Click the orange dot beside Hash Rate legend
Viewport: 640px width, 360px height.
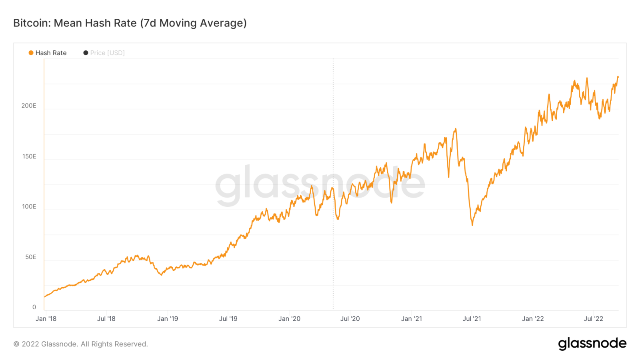[31, 53]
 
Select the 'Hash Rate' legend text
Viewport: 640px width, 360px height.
[51, 53]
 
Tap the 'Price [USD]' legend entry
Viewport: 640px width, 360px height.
[107, 53]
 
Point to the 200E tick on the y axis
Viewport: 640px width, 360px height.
[29, 106]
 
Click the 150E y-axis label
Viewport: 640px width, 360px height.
[29, 156]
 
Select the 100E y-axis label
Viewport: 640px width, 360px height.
[29, 207]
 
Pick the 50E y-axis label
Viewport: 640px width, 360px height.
[31, 257]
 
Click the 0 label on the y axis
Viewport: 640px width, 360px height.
[34, 307]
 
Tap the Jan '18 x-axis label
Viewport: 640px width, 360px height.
[46, 319]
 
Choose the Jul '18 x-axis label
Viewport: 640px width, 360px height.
[106, 319]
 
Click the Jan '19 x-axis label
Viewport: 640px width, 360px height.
[168, 319]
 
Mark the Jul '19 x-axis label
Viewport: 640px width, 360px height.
[228, 319]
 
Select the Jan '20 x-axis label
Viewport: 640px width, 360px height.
[290, 319]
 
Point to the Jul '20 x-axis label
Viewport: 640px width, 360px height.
[350, 319]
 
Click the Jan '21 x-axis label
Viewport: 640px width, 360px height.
[412, 319]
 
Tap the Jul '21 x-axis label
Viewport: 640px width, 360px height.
[472, 319]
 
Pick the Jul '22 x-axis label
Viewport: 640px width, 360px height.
[594, 319]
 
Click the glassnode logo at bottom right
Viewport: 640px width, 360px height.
[592, 344]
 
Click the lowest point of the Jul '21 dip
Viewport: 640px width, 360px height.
[472, 225]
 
